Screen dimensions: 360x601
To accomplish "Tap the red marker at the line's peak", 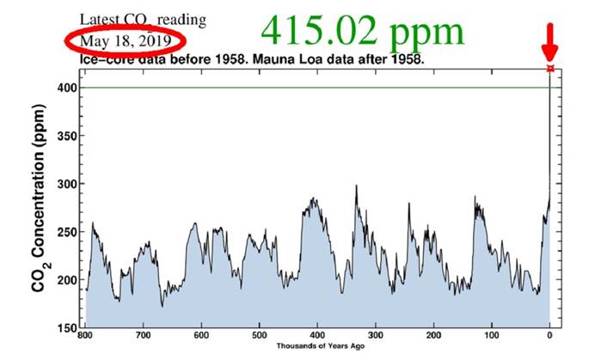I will (550, 68).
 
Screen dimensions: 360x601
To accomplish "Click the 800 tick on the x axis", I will (87, 336).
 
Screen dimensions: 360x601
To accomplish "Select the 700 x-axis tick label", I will (144, 336).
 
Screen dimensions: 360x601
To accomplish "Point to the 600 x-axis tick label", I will (201, 336).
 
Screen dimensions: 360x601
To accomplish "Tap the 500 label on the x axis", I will (259, 336).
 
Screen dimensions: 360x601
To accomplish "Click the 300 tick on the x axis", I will (375, 336).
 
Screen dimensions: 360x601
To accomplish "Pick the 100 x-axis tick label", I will (491, 336).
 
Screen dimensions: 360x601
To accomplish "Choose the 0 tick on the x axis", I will (550, 336).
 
